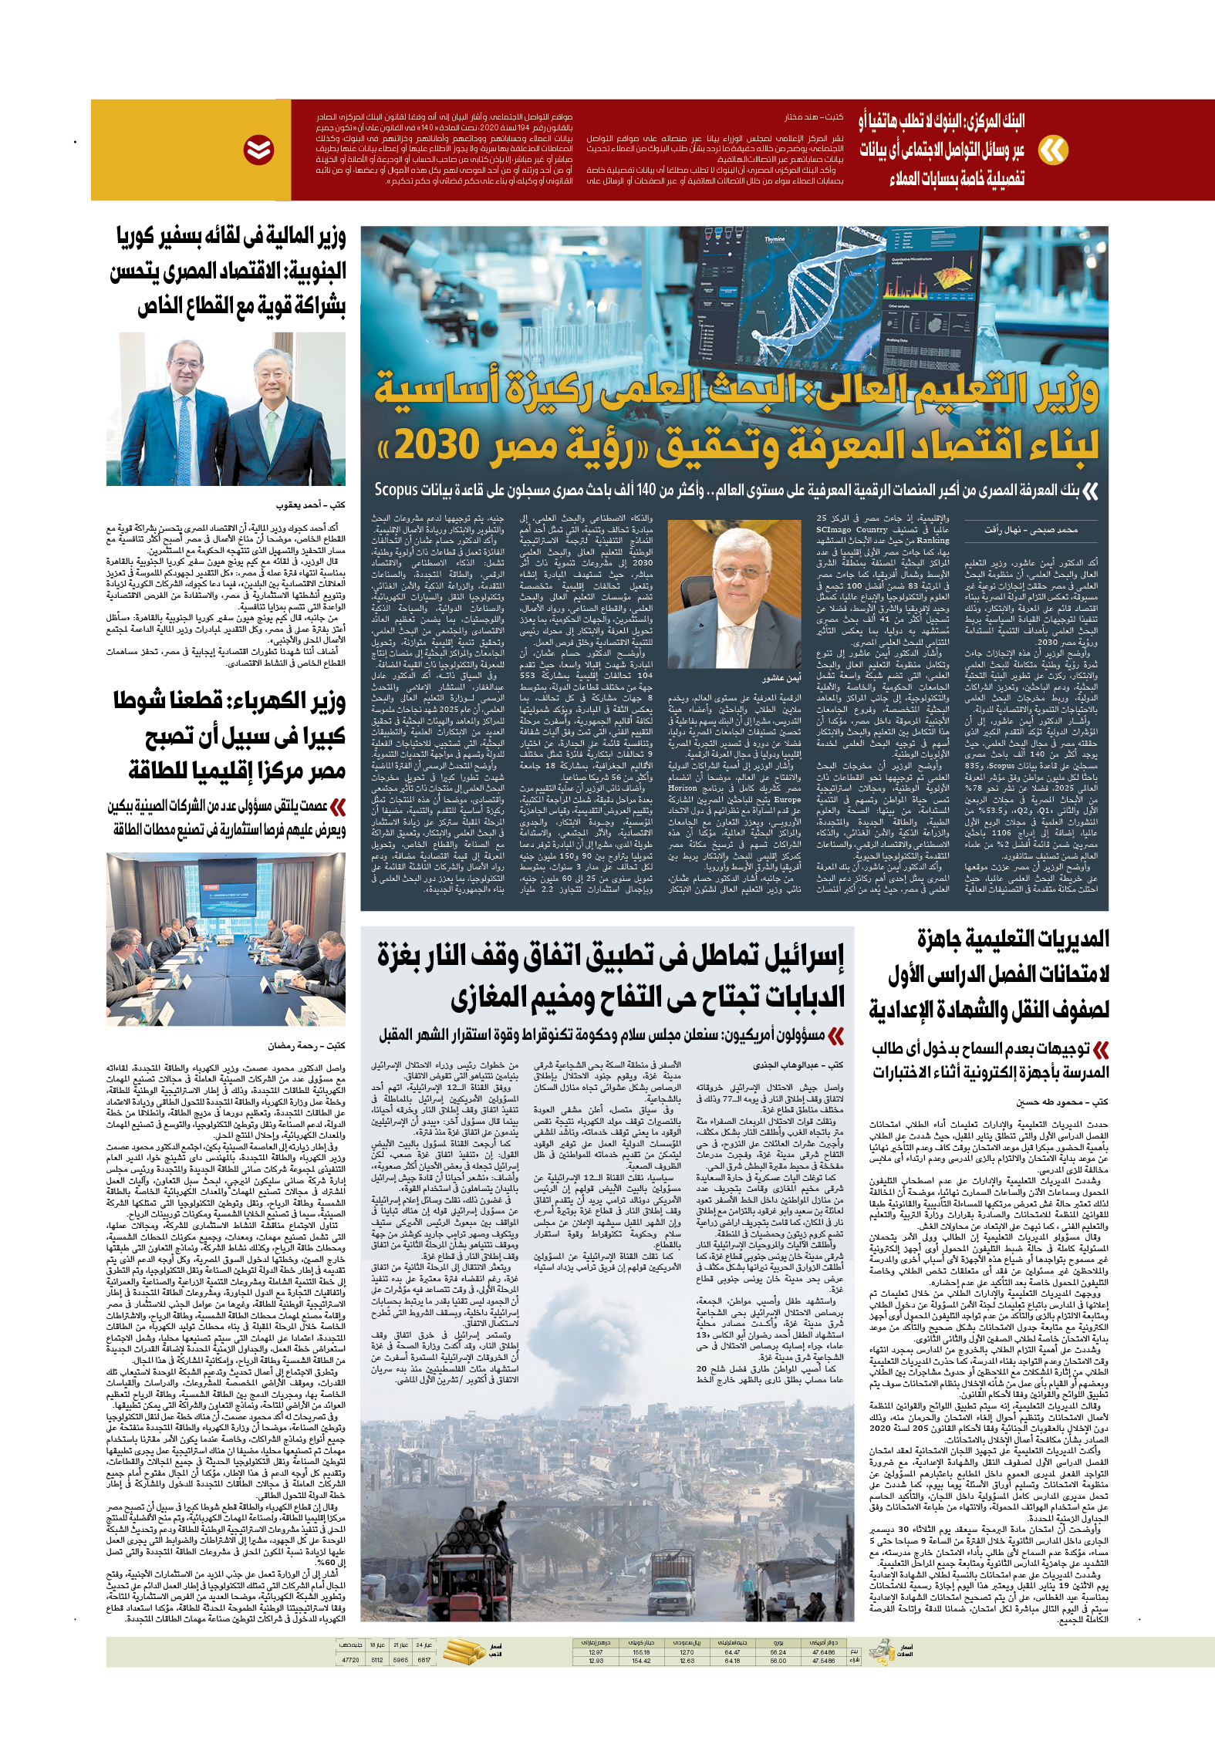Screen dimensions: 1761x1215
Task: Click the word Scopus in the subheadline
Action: (396, 490)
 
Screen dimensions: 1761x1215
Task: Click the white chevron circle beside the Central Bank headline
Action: (1053, 150)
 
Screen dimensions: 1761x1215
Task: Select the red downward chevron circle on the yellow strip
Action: (259, 150)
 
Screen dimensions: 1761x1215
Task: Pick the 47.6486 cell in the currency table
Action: (824, 1652)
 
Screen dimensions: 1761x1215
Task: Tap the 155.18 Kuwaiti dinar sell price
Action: (641, 1652)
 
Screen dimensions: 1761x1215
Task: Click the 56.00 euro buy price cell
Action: (778, 1661)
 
